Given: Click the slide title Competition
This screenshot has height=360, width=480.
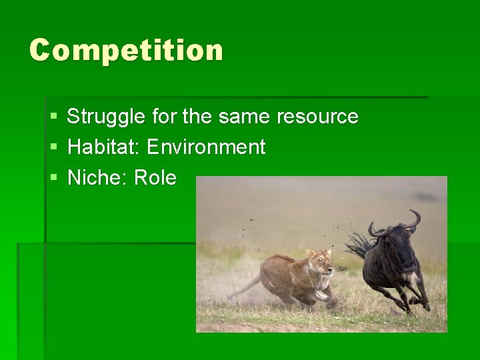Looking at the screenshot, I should (x=126, y=51).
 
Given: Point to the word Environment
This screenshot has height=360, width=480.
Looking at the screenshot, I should (x=206, y=147).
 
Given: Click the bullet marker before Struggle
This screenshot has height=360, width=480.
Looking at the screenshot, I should (x=53, y=117).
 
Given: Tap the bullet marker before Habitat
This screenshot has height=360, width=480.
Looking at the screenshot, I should (x=53, y=147).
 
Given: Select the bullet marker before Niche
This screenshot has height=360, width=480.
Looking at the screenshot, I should (x=53, y=179).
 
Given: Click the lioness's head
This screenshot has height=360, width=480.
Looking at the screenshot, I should (x=322, y=262).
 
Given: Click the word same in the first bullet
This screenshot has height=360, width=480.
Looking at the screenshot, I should (x=245, y=117).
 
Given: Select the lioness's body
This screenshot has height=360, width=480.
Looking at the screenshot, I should (x=287, y=273).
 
